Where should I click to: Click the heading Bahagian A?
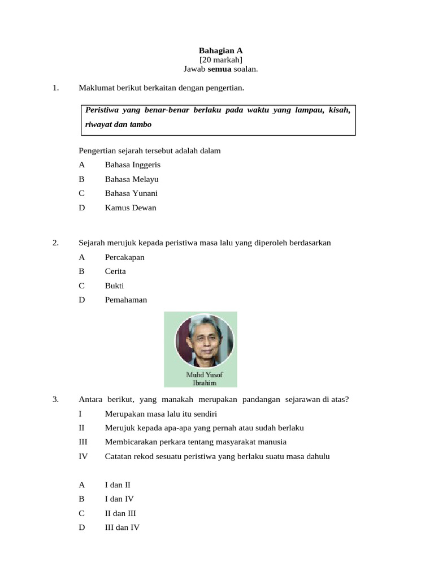click(x=220, y=50)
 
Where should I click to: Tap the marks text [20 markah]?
click(x=220, y=59)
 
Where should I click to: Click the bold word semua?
click(x=220, y=69)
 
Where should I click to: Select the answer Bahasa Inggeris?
click(x=132, y=165)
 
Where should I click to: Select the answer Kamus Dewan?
click(x=131, y=208)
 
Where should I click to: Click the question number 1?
click(x=55, y=88)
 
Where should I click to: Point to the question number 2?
click(x=55, y=243)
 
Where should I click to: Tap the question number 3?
click(x=55, y=400)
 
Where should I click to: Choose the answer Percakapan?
click(x=124, y=257)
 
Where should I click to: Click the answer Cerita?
click(x=115, y=271)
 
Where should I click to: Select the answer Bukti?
click(x=114, y=286)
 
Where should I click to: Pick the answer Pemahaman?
click(x=125, y=300)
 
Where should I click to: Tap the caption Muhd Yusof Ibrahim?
click(x=201, y=378)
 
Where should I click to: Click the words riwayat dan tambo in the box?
click(x=118, y=124)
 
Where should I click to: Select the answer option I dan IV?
click(x=119, y=499)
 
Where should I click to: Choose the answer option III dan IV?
click(x=122, y=528)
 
